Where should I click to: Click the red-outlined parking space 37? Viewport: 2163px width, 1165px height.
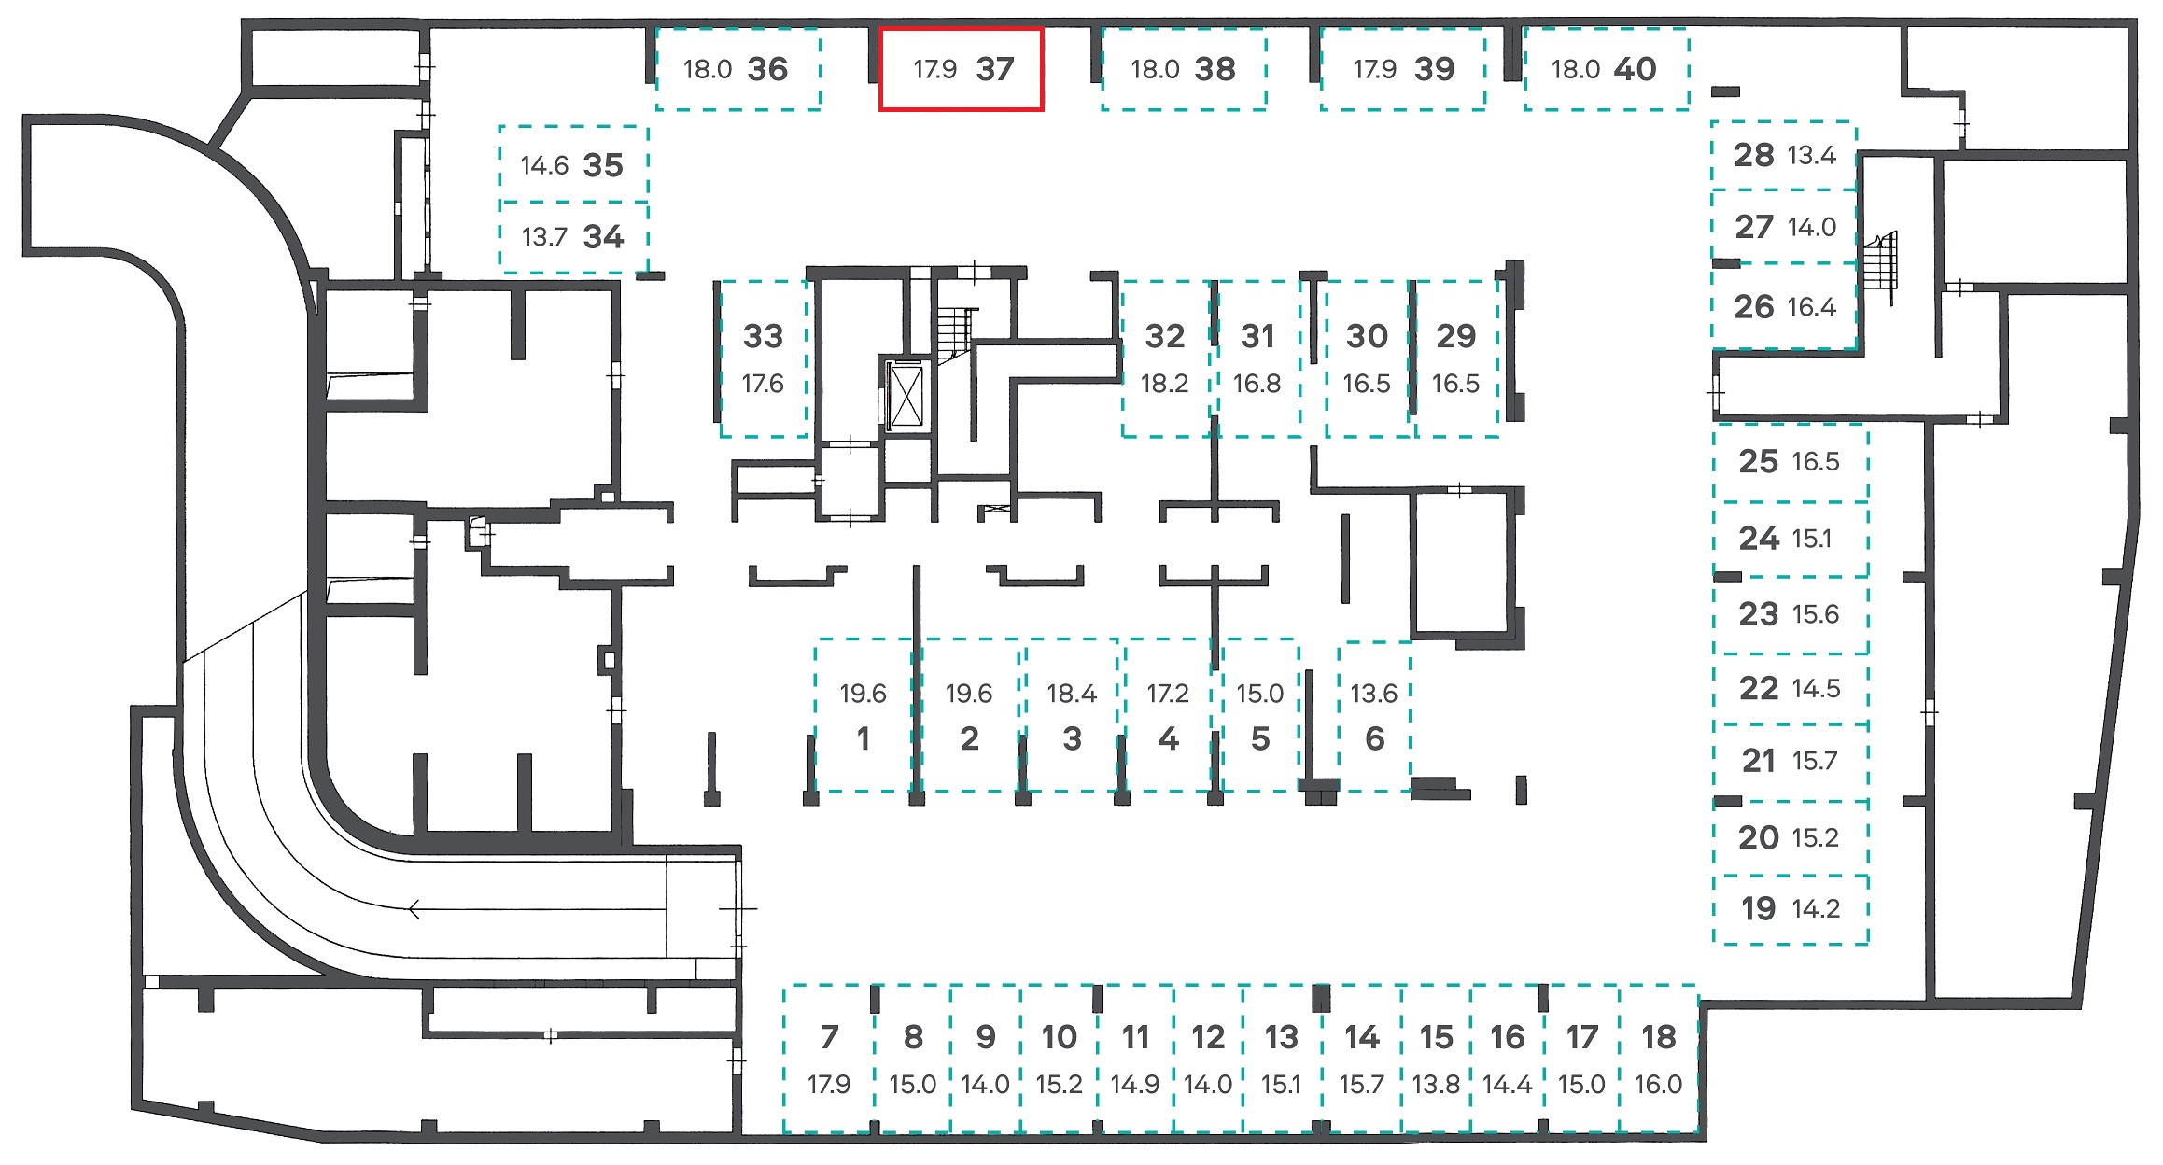click(961, 69)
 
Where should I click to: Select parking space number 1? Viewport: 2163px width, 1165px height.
click(864, 715)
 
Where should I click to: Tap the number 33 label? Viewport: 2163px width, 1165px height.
click(763, 336)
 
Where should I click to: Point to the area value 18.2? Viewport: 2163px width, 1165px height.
click(1164, 384)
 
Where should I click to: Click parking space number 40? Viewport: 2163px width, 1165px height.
click(1607, 69)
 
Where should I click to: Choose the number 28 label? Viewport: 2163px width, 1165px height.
click(1753, 155)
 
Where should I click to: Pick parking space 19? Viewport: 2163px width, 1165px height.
click(1791, 909)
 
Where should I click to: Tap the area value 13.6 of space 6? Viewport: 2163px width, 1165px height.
click(1374, 694)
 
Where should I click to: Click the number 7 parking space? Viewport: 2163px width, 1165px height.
click(829, 1059)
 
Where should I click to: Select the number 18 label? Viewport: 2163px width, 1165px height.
click(1659, 1037)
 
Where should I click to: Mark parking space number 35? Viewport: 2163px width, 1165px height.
click(573, 163)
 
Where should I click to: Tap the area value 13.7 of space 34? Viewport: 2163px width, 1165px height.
click(544, 237)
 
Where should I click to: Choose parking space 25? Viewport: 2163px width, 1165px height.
click(1791, 463)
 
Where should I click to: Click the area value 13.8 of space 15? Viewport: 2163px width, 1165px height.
click(1436, 1085)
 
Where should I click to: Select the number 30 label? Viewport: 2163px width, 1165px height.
click(1367, 336)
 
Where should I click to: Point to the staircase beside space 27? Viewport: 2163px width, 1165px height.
click(1880, 266)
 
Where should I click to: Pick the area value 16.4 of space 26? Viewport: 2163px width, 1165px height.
click(1811, 307)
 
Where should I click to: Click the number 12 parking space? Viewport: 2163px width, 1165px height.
click(1208, 1059)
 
